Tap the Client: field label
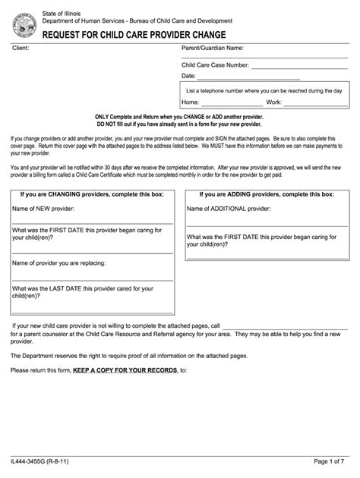20,49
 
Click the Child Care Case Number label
215,65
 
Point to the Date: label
188,76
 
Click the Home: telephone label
191,102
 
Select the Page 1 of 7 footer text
330,461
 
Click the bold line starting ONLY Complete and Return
178,117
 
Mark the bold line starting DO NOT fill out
178,124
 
